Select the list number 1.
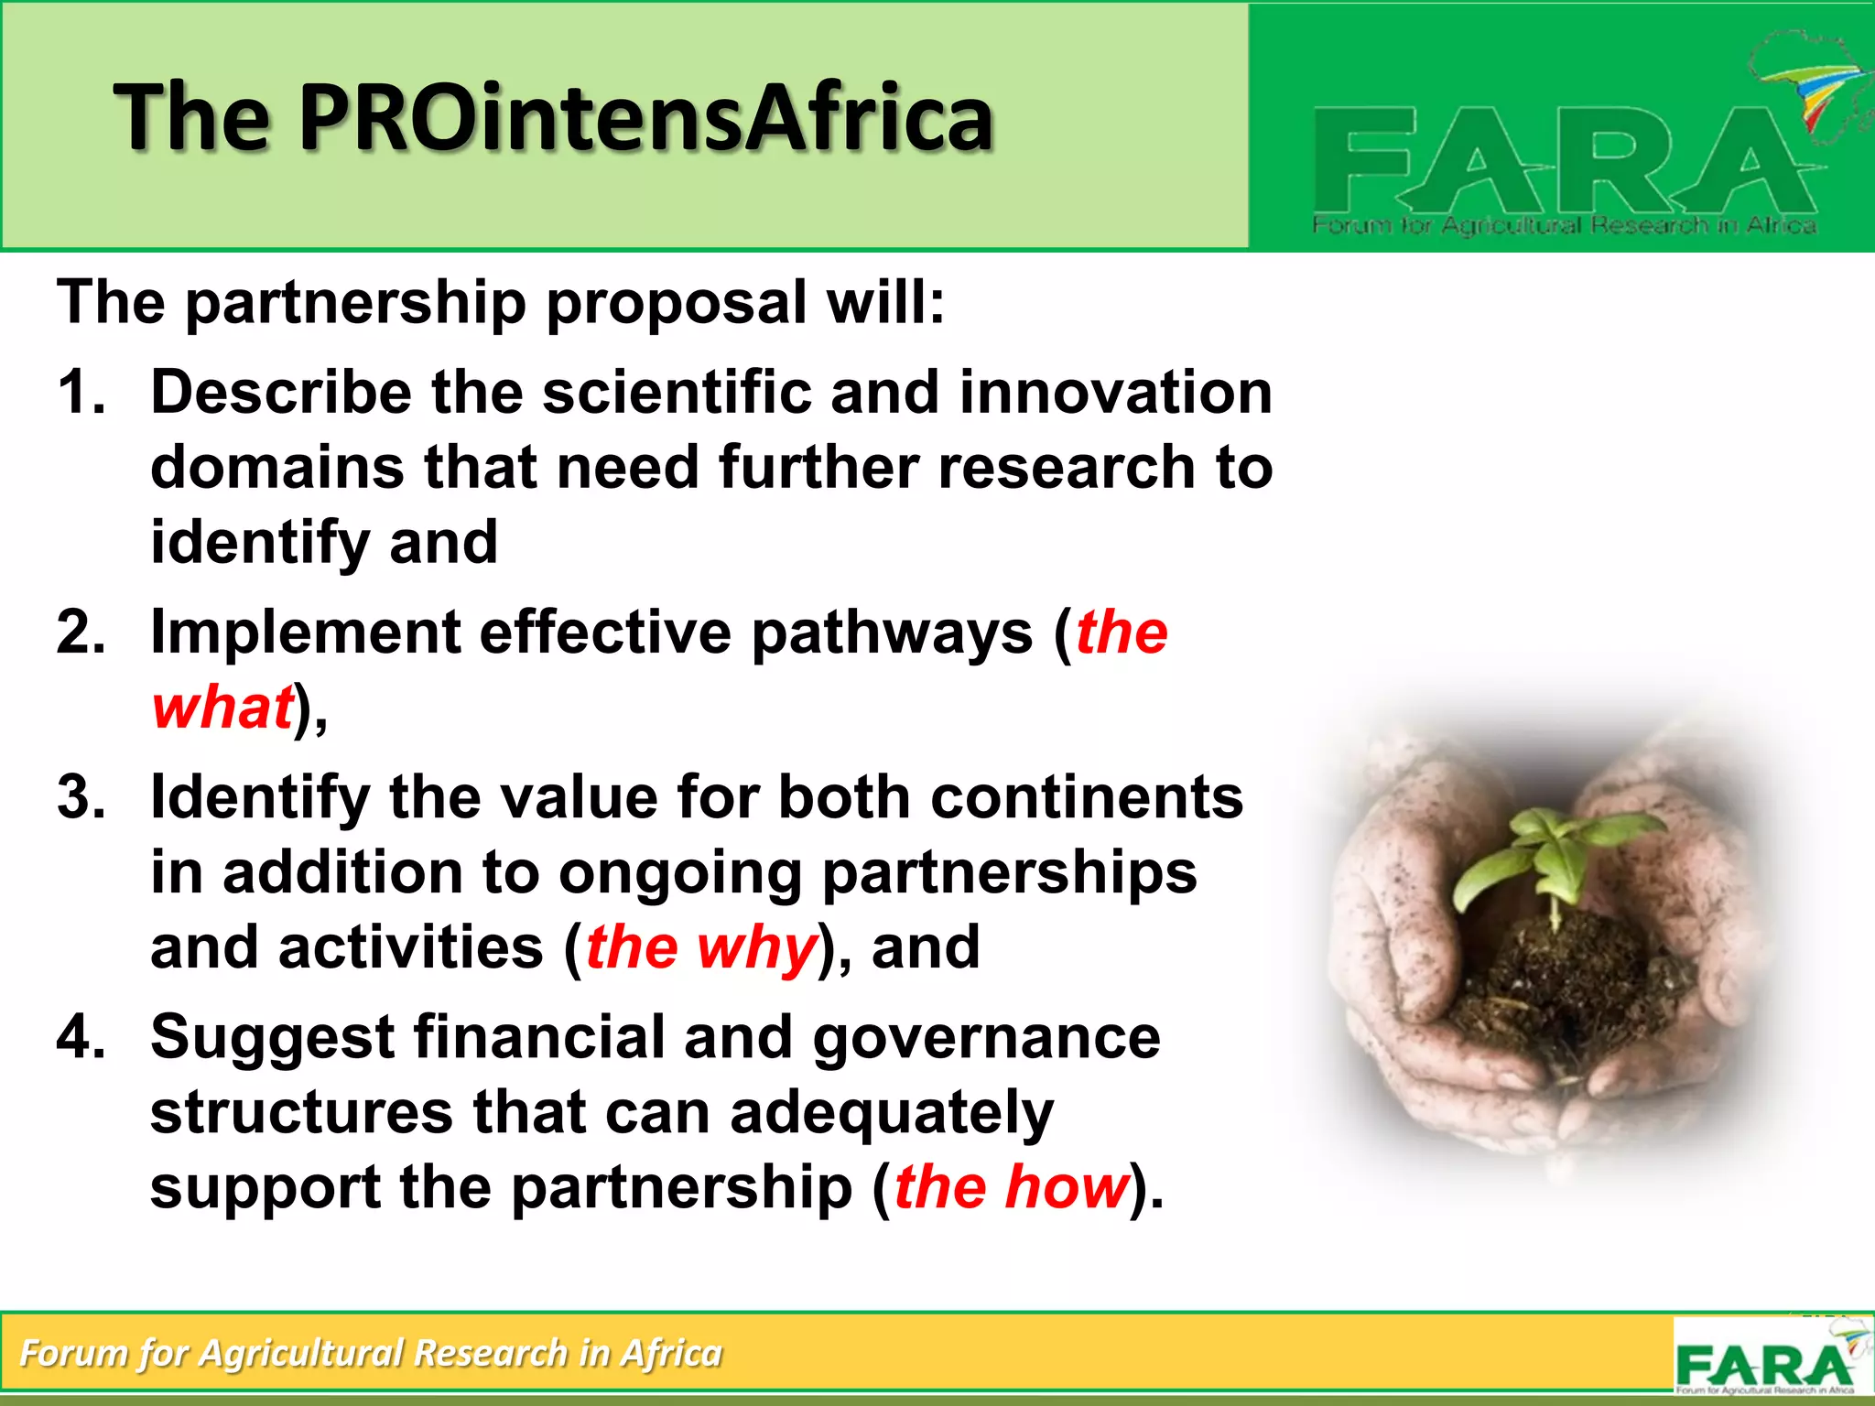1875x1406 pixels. (81, 393)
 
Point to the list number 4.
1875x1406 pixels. (81, 1038)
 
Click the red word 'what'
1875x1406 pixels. (222, 708)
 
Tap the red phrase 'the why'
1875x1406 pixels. (700, 947)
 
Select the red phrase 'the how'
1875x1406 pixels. (1011, 1187)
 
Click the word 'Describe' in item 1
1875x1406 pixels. (281, 393)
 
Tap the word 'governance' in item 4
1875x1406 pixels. (986, 1038)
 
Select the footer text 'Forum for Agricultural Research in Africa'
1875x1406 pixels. (371, 1353)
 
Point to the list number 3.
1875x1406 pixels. (81, 797)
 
